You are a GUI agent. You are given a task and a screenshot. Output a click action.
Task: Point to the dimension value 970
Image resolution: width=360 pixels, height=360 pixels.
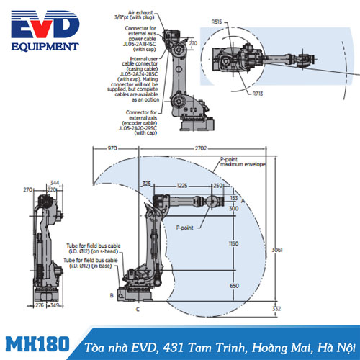109,148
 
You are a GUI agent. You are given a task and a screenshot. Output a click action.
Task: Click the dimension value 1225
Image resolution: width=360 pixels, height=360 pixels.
181,185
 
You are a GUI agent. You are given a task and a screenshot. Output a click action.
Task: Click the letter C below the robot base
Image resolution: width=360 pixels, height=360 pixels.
138,308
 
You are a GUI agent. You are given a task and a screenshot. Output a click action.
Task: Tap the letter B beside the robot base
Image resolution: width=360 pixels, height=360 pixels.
111,295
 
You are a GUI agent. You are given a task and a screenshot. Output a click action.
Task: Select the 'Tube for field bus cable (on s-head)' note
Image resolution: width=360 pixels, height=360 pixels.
94,249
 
